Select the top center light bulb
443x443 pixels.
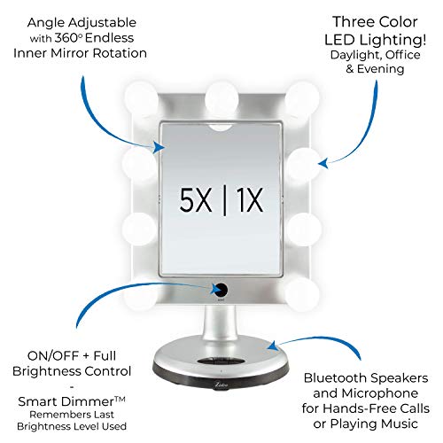pos(221,92)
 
